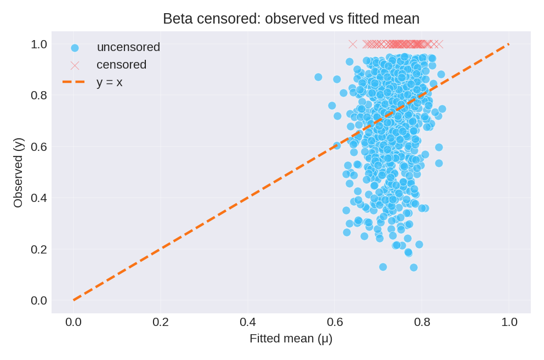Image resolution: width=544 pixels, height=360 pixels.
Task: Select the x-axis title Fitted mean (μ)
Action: coord(291,338)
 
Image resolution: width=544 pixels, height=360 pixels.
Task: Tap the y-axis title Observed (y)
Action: coord(18,172)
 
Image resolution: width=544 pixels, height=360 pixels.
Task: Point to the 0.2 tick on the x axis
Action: coord(161,322)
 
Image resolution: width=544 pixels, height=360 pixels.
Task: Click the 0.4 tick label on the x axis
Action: coord(248,322)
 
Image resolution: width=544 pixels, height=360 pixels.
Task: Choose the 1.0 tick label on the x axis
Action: coord(509,322)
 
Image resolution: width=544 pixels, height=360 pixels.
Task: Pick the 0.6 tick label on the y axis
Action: coord(38,147)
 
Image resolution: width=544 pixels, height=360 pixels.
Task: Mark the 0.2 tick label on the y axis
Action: coord(38,249)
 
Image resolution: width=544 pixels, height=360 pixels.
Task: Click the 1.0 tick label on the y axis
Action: coord(38,44)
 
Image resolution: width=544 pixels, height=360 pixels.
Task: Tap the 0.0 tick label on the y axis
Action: coord(38,301)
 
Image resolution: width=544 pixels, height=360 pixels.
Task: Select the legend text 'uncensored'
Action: coord(128,47)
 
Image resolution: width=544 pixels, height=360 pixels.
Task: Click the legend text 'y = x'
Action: coord(109,82)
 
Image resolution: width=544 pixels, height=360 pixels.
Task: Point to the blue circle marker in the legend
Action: coord(75,48)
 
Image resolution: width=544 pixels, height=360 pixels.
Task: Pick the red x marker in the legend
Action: coord(75,65)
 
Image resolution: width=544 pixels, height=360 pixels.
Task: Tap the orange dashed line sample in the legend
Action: coord(74,82)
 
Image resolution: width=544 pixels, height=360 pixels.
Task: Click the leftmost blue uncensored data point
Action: coord(318,77)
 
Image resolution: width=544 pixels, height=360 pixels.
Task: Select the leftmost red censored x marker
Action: coord(353,44)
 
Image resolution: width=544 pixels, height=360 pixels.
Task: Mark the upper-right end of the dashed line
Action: coord(509,44)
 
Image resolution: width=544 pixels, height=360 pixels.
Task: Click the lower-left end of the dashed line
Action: coord(73,300)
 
